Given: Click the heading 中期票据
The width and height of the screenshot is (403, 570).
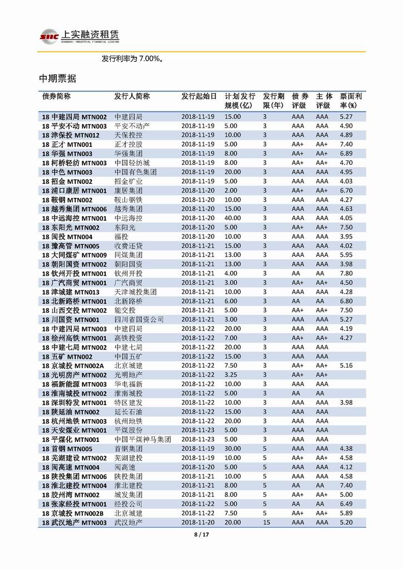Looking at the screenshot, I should pyautogui.click(x=57, y=79).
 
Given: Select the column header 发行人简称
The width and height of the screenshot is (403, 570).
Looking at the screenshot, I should pyautogui.click(x=132, y=96).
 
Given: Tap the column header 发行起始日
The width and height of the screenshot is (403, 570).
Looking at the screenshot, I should pyautogui.click(x=199, y=96).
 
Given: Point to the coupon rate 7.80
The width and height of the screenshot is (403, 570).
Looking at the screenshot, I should pyautogui.click(x=346, y=273).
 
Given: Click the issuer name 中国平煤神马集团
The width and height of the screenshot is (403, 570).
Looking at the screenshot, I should pyautogui.click(x=142, y=439).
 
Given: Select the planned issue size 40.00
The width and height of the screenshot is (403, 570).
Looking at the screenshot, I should pyautogui.click(x=233, y=218).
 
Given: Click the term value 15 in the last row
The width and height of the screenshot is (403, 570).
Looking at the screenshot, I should pyautogui.click(x=267, y=522).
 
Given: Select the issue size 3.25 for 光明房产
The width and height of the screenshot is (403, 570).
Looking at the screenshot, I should pyautogui.click(x=231, y=374).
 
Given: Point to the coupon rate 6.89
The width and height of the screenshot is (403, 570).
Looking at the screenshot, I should pyautogui.click(x=346, y=153).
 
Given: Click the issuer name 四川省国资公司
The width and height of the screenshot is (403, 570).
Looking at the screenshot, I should pyautogui.click(x=139, y=319).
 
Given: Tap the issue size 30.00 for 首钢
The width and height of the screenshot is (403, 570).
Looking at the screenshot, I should pyautogui.click(x=233, y=449).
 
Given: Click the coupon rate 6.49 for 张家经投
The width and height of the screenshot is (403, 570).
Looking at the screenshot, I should pyautogui.click(x=346, y=504).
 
